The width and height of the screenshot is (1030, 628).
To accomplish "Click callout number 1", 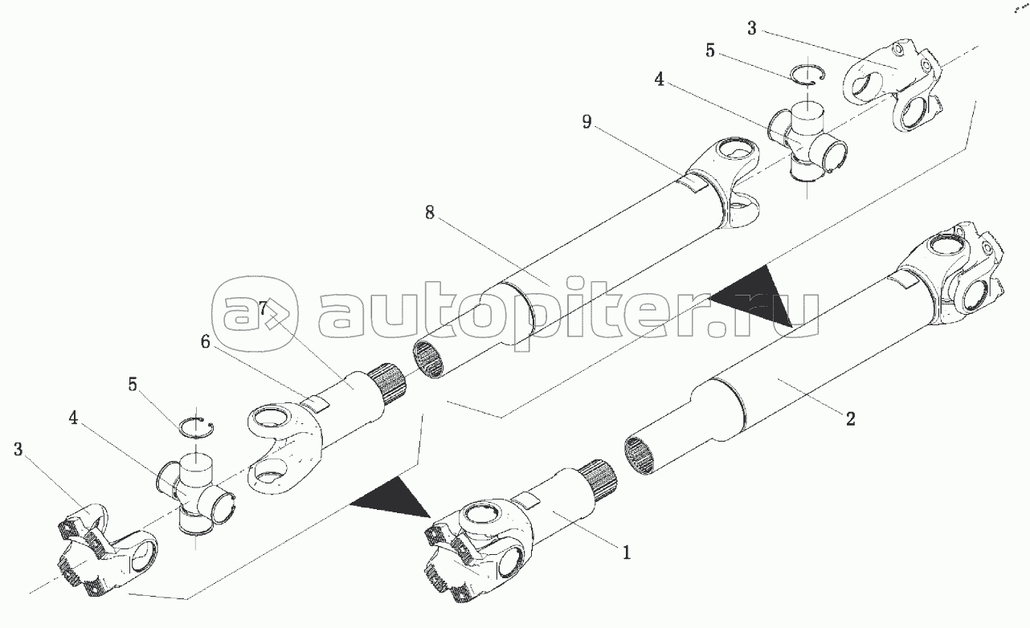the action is pos(627,553).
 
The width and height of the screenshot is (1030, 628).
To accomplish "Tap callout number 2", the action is pos(850,419).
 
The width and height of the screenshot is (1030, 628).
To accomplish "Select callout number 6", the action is pos(205,341).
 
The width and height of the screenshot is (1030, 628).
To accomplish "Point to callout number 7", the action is pos(263,308).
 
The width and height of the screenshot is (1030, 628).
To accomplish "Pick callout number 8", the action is pos(430,212).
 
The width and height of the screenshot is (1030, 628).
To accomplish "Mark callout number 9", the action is pos(587,122).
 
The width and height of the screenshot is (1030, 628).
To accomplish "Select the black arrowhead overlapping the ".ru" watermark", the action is pos(754,296).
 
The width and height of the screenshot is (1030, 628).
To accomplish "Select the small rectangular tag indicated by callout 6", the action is pos(316,404).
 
